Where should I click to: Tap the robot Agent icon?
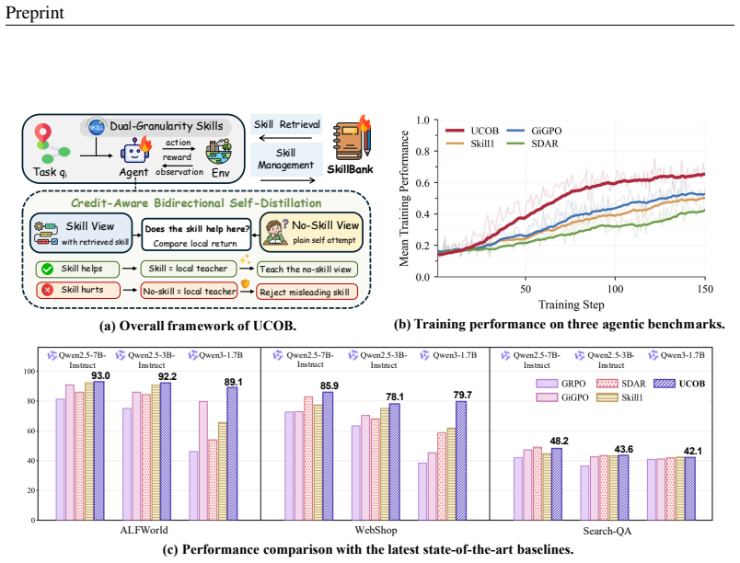coord(135,151)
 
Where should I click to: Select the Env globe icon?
coord(219,151)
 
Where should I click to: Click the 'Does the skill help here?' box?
coord(196,235)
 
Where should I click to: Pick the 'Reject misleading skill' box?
coord(306,292)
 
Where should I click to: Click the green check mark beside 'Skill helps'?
coord(47,269)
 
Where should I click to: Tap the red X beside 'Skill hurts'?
coord(47,290)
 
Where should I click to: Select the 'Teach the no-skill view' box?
coord(306,270)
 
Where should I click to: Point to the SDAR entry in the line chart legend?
coord(532,144)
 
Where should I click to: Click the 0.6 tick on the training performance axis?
coord(422,182)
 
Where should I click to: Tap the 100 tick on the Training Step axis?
coord(615,289)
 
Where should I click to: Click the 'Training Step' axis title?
coord(571,304)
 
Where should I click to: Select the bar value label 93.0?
coord(100,376)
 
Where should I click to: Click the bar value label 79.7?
coord(462,396)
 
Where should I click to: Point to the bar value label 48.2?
coord(560,442)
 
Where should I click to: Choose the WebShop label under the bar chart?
coord(376,531)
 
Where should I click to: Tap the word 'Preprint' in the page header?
coord(34,13)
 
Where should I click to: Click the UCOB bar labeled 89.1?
coord(232,454)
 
